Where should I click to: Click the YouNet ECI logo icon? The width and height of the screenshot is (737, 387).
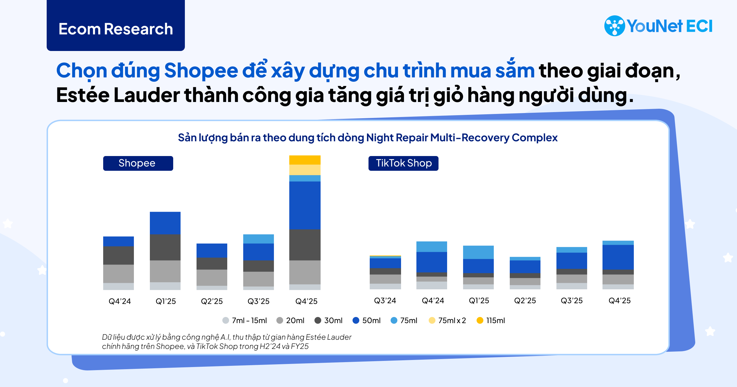[614, 26]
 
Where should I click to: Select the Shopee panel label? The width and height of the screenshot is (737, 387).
[138, 163]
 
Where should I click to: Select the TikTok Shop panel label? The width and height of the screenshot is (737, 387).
[404, 163]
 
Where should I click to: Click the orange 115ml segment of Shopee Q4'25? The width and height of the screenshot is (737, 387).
[305, 160]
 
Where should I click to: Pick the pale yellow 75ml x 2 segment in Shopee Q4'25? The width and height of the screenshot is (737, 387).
[305, 170]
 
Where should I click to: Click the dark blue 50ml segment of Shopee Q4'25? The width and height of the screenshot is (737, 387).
[305, 205]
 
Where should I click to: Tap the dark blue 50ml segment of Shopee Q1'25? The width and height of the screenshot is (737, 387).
[165, 223]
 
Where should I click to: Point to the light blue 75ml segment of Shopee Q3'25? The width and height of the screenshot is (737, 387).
[258, 239]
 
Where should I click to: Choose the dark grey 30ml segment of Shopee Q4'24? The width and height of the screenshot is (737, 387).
[119, 255]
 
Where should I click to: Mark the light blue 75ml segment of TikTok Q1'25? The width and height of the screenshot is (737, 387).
[478, 252]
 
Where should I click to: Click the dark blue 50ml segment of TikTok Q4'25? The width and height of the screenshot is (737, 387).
[618, 257]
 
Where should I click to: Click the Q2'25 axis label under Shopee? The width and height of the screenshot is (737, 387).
[212, 301]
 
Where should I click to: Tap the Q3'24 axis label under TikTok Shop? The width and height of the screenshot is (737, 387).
[385, 301]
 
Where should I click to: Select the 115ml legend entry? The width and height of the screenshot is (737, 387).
[491, 321]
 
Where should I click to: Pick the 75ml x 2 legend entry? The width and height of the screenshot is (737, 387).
[447, 321]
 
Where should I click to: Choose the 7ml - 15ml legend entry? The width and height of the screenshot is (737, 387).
[245, 321]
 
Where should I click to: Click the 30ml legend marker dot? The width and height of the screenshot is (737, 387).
[318, 321]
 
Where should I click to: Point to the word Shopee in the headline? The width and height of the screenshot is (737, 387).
[201, 71]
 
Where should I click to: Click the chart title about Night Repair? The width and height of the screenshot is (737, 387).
[368, 138]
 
